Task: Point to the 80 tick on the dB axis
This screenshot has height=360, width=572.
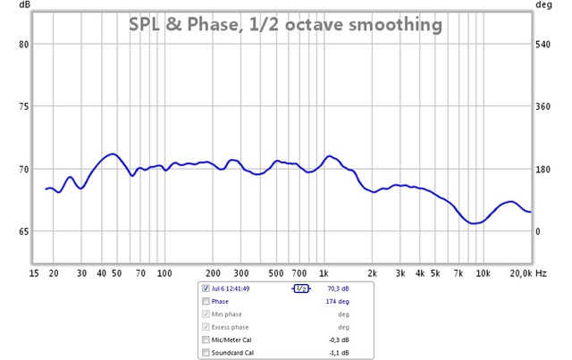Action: coord(24,44)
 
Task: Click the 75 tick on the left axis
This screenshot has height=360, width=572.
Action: coord(24,106)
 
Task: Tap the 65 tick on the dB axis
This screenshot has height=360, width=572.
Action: coord(24,231)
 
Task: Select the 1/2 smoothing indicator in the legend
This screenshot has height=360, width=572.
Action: coord(301,289)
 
